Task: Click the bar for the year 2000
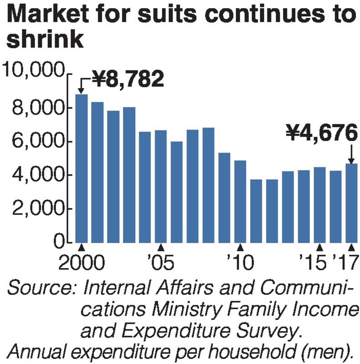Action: pyautogui.click(x=81, y=168)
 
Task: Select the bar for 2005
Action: pyautogui.click(x=161, y=187)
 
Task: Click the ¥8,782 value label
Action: pyautogui.click(x=127, y=79)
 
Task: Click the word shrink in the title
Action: pyautogui.click(x=46, y=41)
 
